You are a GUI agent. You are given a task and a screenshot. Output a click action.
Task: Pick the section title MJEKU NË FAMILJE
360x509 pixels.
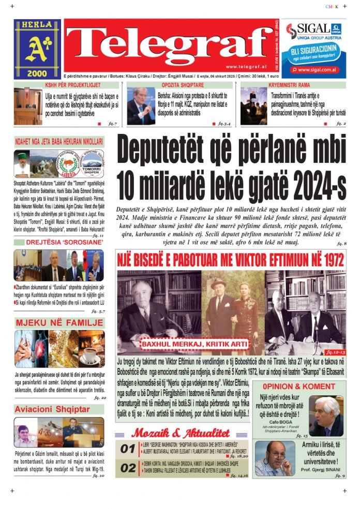[x=59, y=324]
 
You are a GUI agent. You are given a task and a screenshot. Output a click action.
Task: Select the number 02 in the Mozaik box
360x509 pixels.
[x=128, y=468]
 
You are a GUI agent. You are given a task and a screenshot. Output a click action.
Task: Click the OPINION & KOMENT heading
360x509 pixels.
[x=298, y=386]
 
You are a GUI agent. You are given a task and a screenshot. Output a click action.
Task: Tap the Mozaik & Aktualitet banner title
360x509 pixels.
[x=181, y=433]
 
